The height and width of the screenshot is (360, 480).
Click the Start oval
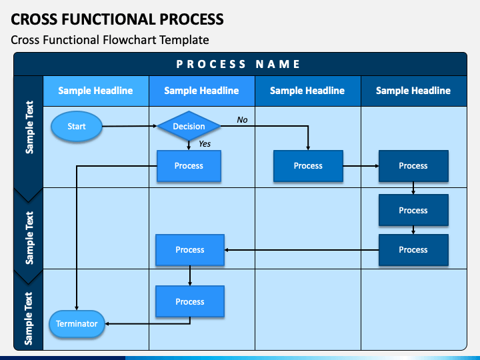tap(77, 126)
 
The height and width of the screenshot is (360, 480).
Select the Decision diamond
tap(189, 126)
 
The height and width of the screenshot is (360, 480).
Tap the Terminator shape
tap(77, 323)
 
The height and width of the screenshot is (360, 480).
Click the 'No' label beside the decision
tap(242, 120)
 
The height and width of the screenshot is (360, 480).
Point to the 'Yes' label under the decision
tap(205, 143)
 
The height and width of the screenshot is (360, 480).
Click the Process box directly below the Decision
tap(189, 166)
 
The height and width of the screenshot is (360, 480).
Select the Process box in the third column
tap(308, 166)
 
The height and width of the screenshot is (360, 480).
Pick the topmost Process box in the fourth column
tap(413, 166)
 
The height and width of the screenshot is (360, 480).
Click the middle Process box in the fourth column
tap(413, 210)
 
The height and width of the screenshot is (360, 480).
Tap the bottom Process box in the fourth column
tap(413, 250)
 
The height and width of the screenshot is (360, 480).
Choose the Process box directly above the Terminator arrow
tap(190, 301)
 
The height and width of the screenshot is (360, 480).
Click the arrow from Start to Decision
tap(129, 126)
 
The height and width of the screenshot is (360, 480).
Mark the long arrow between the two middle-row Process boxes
tap(301, 250)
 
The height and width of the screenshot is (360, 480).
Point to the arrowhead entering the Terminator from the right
tap(107, 323)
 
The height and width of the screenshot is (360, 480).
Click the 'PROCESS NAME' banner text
tap(238, 64)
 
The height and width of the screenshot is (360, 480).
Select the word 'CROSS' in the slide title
tap(34, 19)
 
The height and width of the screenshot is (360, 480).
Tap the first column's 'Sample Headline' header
tap(95, 91)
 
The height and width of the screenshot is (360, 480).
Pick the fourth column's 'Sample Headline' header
tap(413, 91)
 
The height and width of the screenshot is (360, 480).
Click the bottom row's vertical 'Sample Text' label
tap(29, 319)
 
